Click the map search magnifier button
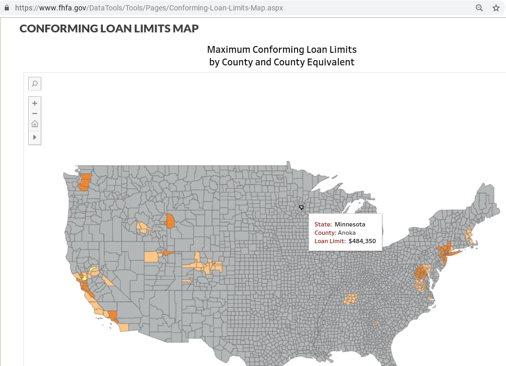point(34,84)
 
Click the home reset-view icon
point(34,124)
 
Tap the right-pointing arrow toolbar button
point(34,137)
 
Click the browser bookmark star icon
point(496,8)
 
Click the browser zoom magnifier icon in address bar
point(479,8)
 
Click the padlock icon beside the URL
point(7,8)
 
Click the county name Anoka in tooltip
point(347,233)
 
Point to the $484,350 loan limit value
point(362,241)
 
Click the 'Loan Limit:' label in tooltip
point(330,241)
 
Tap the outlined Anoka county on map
point(301,208)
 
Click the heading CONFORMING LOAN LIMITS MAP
point(109,28)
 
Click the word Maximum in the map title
point(228,50)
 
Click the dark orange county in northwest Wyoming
point(169,221)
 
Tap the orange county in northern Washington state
point(85,181)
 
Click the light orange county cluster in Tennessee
point(350,299)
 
